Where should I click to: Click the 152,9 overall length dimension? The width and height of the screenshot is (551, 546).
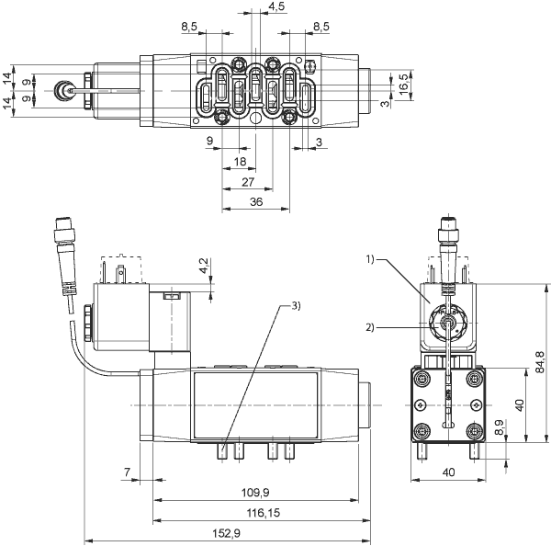226,533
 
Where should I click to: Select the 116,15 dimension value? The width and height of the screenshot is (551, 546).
263,513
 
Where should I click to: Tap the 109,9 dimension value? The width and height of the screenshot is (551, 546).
255,493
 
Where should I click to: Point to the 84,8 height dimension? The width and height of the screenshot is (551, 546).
541,362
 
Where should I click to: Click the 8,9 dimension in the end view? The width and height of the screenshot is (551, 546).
499,427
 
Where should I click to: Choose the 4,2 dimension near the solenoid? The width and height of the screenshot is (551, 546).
204,266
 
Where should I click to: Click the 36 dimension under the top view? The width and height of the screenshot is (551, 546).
256,202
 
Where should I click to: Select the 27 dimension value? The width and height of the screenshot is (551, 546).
248,182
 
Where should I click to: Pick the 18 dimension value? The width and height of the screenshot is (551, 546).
240,162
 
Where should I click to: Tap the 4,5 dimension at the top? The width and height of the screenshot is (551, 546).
276,6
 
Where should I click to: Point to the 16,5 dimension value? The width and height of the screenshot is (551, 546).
404,84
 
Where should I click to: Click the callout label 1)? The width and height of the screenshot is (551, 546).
371,259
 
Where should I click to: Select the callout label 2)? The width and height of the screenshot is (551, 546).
370,327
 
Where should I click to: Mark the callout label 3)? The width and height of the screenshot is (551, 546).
296,306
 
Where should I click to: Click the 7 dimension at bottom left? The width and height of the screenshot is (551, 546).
128,472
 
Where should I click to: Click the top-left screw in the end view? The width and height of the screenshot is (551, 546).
421,379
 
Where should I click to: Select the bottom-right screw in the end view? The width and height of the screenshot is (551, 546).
475,430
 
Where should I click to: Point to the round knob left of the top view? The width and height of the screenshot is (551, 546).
63,90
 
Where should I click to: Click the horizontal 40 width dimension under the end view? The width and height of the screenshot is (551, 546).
448,472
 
